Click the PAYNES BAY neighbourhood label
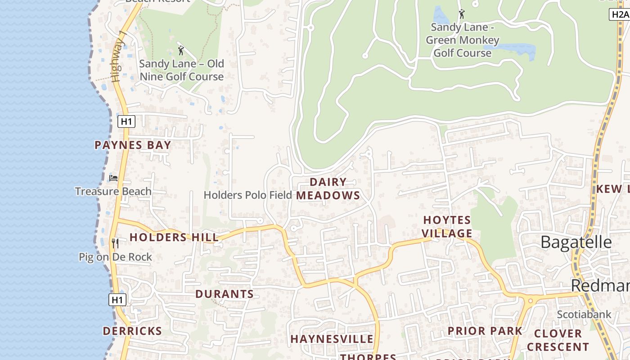[x=133, y=145]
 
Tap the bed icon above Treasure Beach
[x=113, y=178]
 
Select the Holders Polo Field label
[x=248, y=195]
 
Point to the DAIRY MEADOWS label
[x=328, y=189]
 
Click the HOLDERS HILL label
[x=174, y=237]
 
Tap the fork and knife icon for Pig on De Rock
[x=115, y=243]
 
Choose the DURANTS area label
[x=225, y=294]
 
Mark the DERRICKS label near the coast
[x=132, y=331]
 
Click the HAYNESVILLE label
[x=332, y=339]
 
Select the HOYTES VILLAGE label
[x=447, y=227]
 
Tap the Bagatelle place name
[x=576, y=242]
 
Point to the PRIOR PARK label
[x=485, y=331]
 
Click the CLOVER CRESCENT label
[x=558, y=340]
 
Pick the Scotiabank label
[x=584, y=314]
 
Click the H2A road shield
[x=619, y=14]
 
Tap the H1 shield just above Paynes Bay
[x=126, y=121]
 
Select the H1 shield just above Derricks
[x=117, y=300]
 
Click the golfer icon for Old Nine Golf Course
[x=181, y=50]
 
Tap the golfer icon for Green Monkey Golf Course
[x=461, y=14]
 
